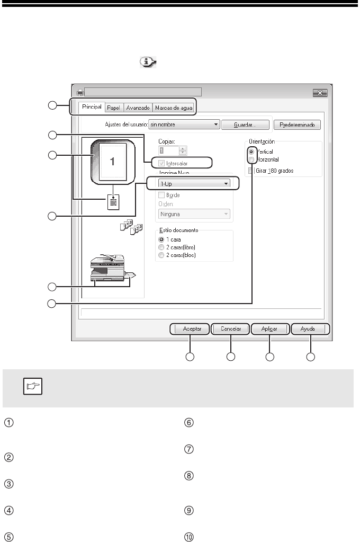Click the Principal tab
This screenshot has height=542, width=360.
(92, 108)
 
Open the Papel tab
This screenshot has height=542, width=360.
(114, 108)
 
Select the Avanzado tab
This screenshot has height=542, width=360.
(138, 108)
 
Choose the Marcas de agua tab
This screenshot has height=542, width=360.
(173, 108)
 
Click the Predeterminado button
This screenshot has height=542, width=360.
(297, 125)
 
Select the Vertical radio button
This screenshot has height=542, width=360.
(251, 152)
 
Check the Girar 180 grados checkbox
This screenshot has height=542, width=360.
(251, 171)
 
